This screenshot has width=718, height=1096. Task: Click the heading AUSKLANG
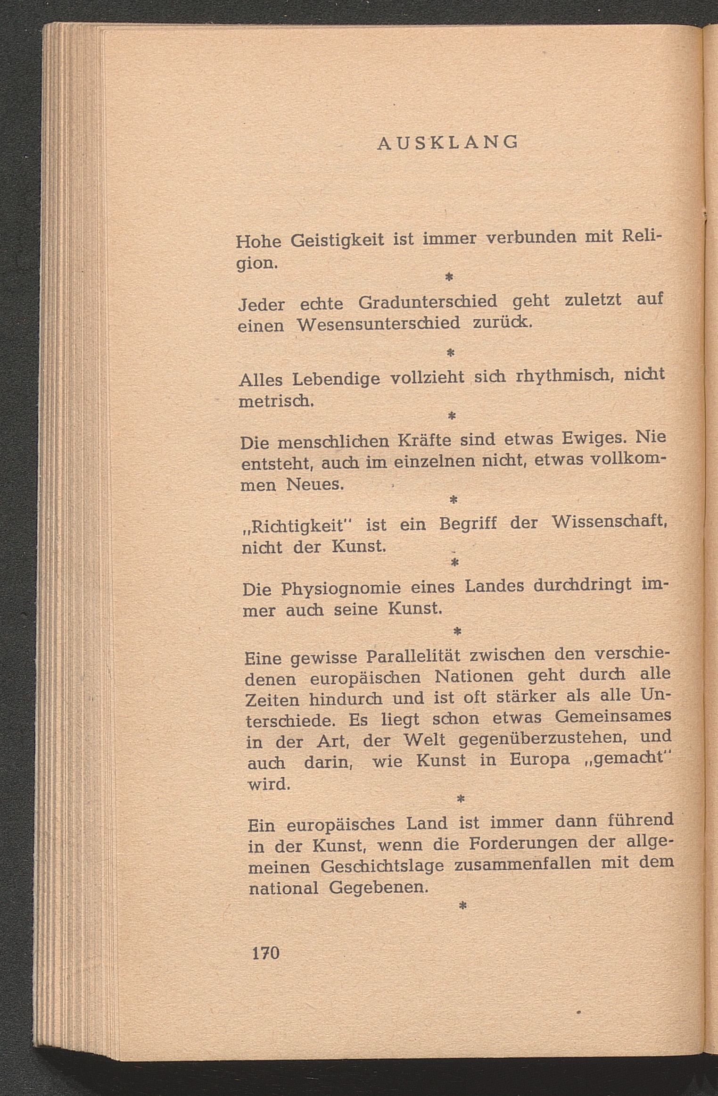448,142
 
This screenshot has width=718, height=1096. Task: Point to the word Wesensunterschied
379,324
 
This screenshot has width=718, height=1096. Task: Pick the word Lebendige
336,379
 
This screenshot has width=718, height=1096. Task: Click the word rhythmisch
565,376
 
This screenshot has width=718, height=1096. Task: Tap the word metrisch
276,400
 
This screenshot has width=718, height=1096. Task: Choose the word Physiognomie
341,589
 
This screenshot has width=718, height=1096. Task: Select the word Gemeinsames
613,716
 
